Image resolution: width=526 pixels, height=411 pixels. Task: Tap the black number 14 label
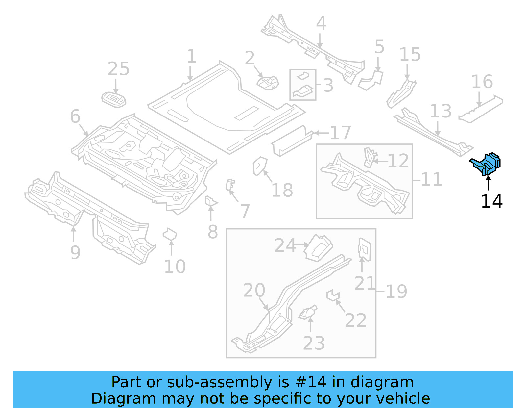click(491, 201)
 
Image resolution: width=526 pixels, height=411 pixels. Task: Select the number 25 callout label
click(119, 69)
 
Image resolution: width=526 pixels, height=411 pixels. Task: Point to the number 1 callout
click(191, 56)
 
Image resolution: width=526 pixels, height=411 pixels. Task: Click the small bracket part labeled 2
click(268, 83)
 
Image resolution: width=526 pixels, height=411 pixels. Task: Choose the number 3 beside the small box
click(328, 86)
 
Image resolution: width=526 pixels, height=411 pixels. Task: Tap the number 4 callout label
click(321, 23)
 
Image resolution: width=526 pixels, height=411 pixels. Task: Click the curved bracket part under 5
click(371, 81)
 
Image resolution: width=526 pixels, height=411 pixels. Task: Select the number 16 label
click(482, 82)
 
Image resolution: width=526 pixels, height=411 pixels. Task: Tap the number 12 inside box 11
click(398, 161)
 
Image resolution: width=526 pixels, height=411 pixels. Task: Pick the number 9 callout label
click(75, 252)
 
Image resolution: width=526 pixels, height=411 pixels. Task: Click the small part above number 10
click(170, 235)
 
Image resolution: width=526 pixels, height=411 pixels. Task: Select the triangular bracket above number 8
click(210, 201)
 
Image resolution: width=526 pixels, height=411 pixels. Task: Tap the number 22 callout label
click(355, 321)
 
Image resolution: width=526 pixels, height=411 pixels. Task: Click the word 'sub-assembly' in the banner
click(219, 382)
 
